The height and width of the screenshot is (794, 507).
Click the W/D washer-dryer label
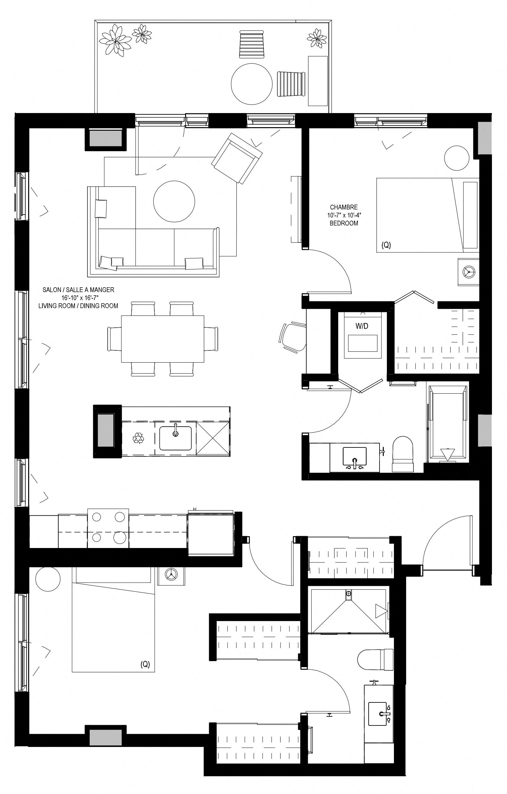pos(362,326)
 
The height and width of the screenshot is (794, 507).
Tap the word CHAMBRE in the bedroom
pos(344,208)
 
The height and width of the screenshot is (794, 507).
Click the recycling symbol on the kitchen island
pos(138,438)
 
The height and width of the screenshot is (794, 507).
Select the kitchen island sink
pos(176,438)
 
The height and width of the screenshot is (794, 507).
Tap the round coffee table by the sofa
pos(174,201)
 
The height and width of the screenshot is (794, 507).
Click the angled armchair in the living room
pos(237,158)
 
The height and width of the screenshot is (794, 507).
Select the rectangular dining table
pos(162,339)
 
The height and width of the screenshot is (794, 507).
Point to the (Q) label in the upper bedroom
pos(386,245)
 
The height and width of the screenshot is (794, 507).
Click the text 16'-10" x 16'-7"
pos(78,298)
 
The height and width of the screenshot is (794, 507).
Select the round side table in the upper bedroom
pos(457,158)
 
